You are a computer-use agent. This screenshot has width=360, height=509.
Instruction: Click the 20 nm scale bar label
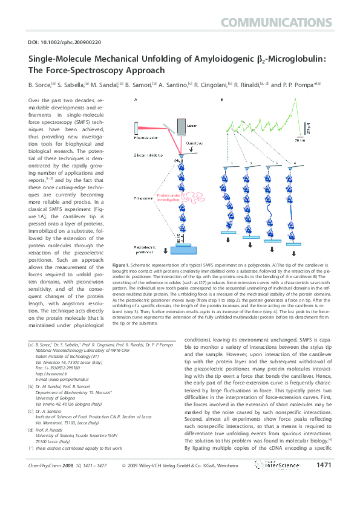pyautogui.click(x=317, y=140)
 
